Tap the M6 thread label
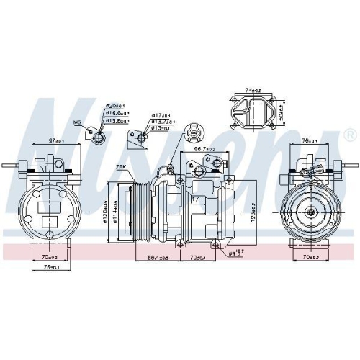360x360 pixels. (x=86, y=130)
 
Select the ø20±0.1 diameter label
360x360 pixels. (x=117, y=106)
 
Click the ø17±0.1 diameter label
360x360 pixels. (x=161, y=116)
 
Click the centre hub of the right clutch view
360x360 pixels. (x=310, y=212)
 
